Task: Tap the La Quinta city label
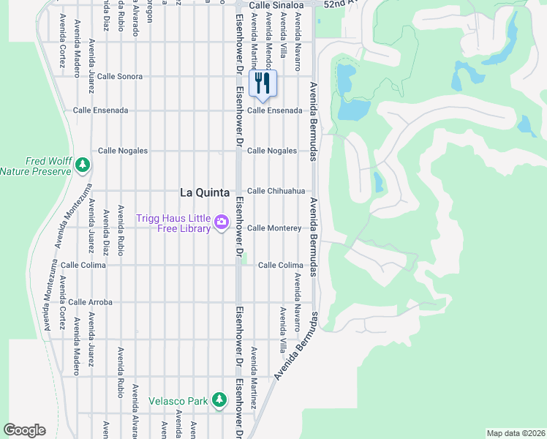(205, 192)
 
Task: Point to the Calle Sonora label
(120, 76)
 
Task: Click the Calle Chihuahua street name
(276, 191)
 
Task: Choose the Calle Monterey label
(274, 228)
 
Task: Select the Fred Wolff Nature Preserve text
(37, 166)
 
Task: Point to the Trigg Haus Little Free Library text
(173, 223)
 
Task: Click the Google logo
(24, 430)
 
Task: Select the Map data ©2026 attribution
(515, 432)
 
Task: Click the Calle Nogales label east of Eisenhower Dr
(272, 151)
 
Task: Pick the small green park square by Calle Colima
(245, 258)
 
